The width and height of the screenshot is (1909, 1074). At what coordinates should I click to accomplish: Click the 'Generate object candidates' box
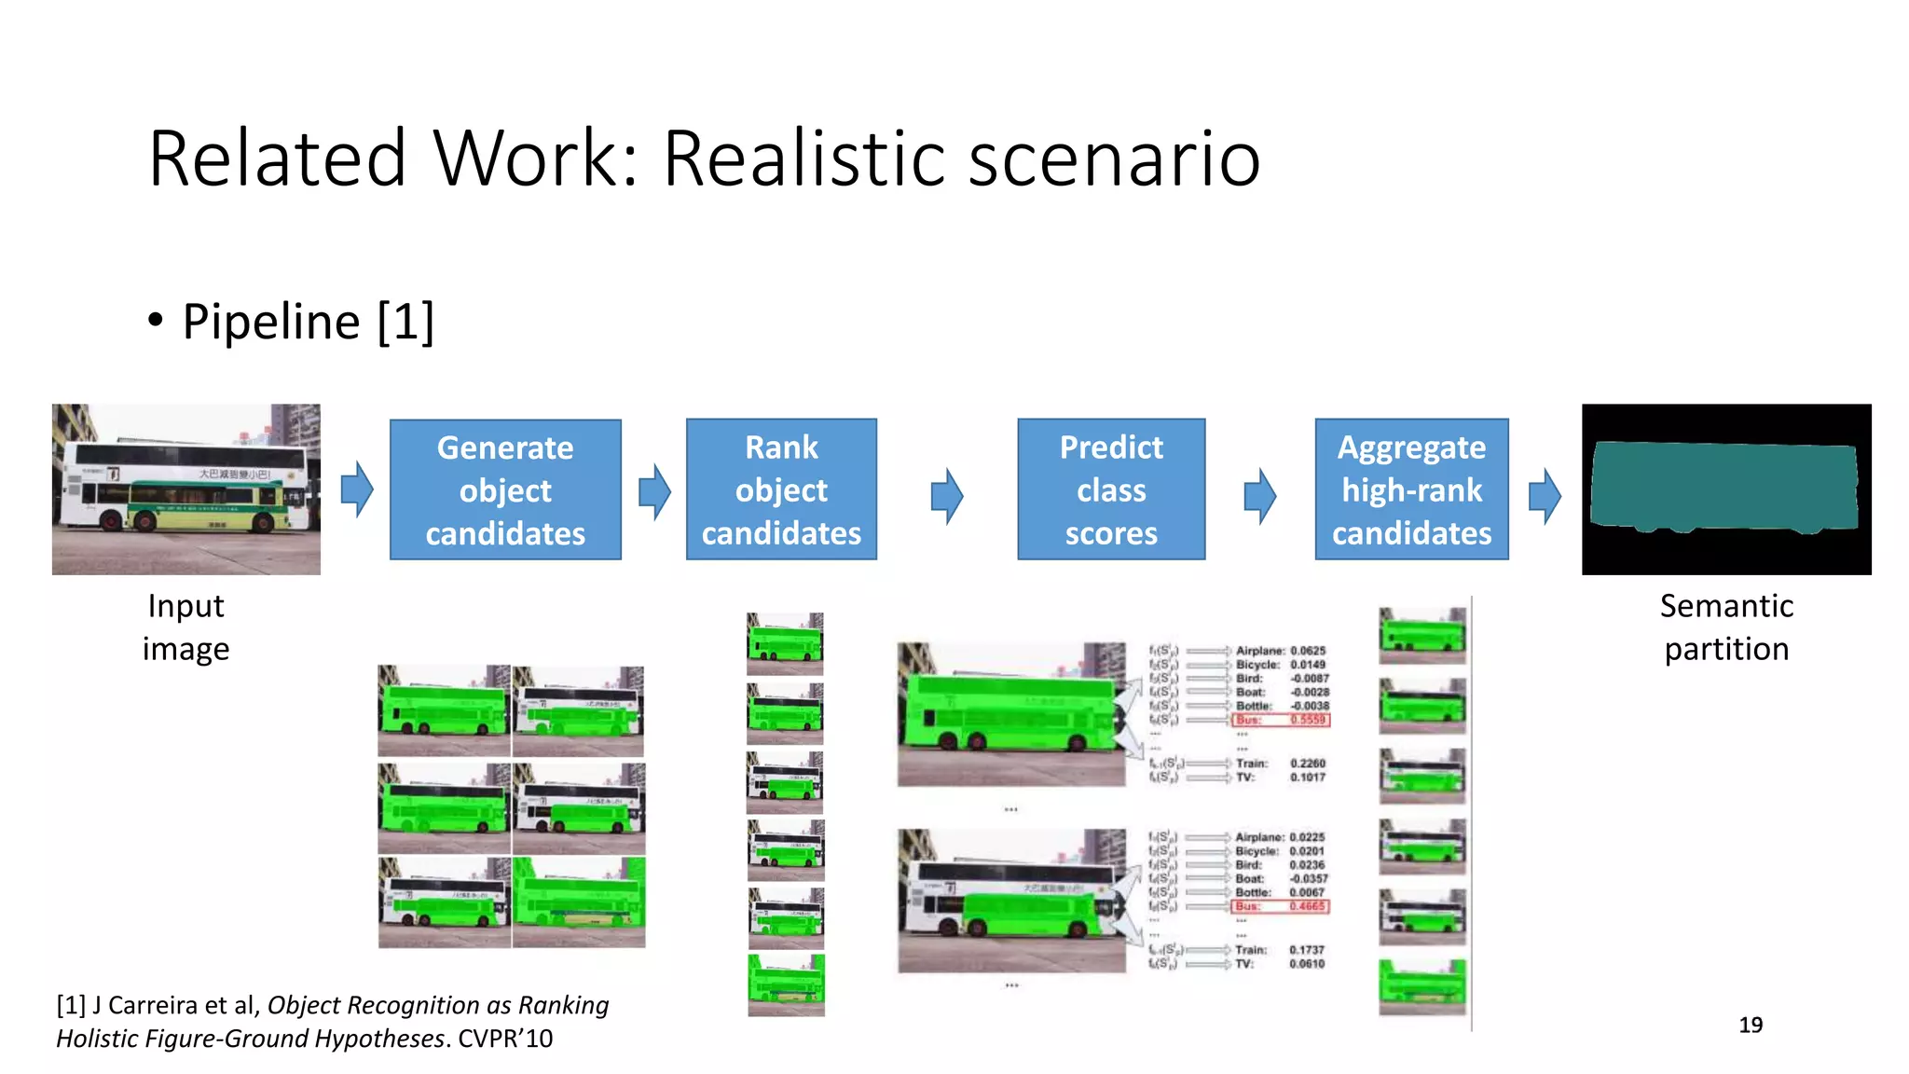click(505, 489)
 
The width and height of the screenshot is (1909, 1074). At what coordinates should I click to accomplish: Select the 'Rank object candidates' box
click(781, 489)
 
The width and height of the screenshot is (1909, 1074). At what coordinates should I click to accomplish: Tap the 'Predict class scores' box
click(1111, 489)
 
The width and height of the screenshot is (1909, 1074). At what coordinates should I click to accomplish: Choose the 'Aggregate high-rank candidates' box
click(1411, 489)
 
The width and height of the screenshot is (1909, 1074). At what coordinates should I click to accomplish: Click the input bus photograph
click(186, 489)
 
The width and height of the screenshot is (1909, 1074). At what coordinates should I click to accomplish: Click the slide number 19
click(1751, 1025)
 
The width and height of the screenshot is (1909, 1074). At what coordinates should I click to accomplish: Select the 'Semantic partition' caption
click(1726, 627)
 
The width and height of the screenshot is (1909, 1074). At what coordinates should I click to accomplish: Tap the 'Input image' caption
click(185, 627)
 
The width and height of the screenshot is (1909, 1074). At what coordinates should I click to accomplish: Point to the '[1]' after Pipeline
click(405, 323)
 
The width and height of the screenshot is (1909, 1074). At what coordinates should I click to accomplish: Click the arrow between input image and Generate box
click(356, 489)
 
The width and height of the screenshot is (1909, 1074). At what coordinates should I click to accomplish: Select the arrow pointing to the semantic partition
click(1545, 495)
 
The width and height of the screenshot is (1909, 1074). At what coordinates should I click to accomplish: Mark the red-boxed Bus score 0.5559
click(1308, 720)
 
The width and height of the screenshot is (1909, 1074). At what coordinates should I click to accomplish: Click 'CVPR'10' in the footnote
click(505, 1039)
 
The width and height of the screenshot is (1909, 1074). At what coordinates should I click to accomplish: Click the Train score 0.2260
click(1308, 763)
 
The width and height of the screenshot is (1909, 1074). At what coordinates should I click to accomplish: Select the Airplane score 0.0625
click(1308, 651)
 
